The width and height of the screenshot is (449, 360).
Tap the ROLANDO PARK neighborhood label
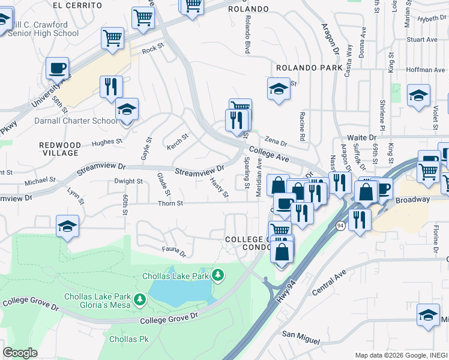click(309, 68)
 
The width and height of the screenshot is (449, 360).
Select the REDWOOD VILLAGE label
click(59, 149)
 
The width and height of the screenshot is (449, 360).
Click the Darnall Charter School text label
click(80, 121)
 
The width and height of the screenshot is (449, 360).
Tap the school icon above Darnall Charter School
click(127, 110)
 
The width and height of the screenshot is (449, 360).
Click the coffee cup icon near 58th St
click(57, 69)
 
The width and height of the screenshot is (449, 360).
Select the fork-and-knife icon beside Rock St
click(111, 87)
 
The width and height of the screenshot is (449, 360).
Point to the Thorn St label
click(170, 203)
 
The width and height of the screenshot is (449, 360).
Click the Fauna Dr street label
click(174, 248)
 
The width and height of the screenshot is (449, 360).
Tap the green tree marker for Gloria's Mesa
click(139, 298)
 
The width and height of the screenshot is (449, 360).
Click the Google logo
click(20, 353)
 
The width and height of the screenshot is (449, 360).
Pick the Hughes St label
click(107, 143)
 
